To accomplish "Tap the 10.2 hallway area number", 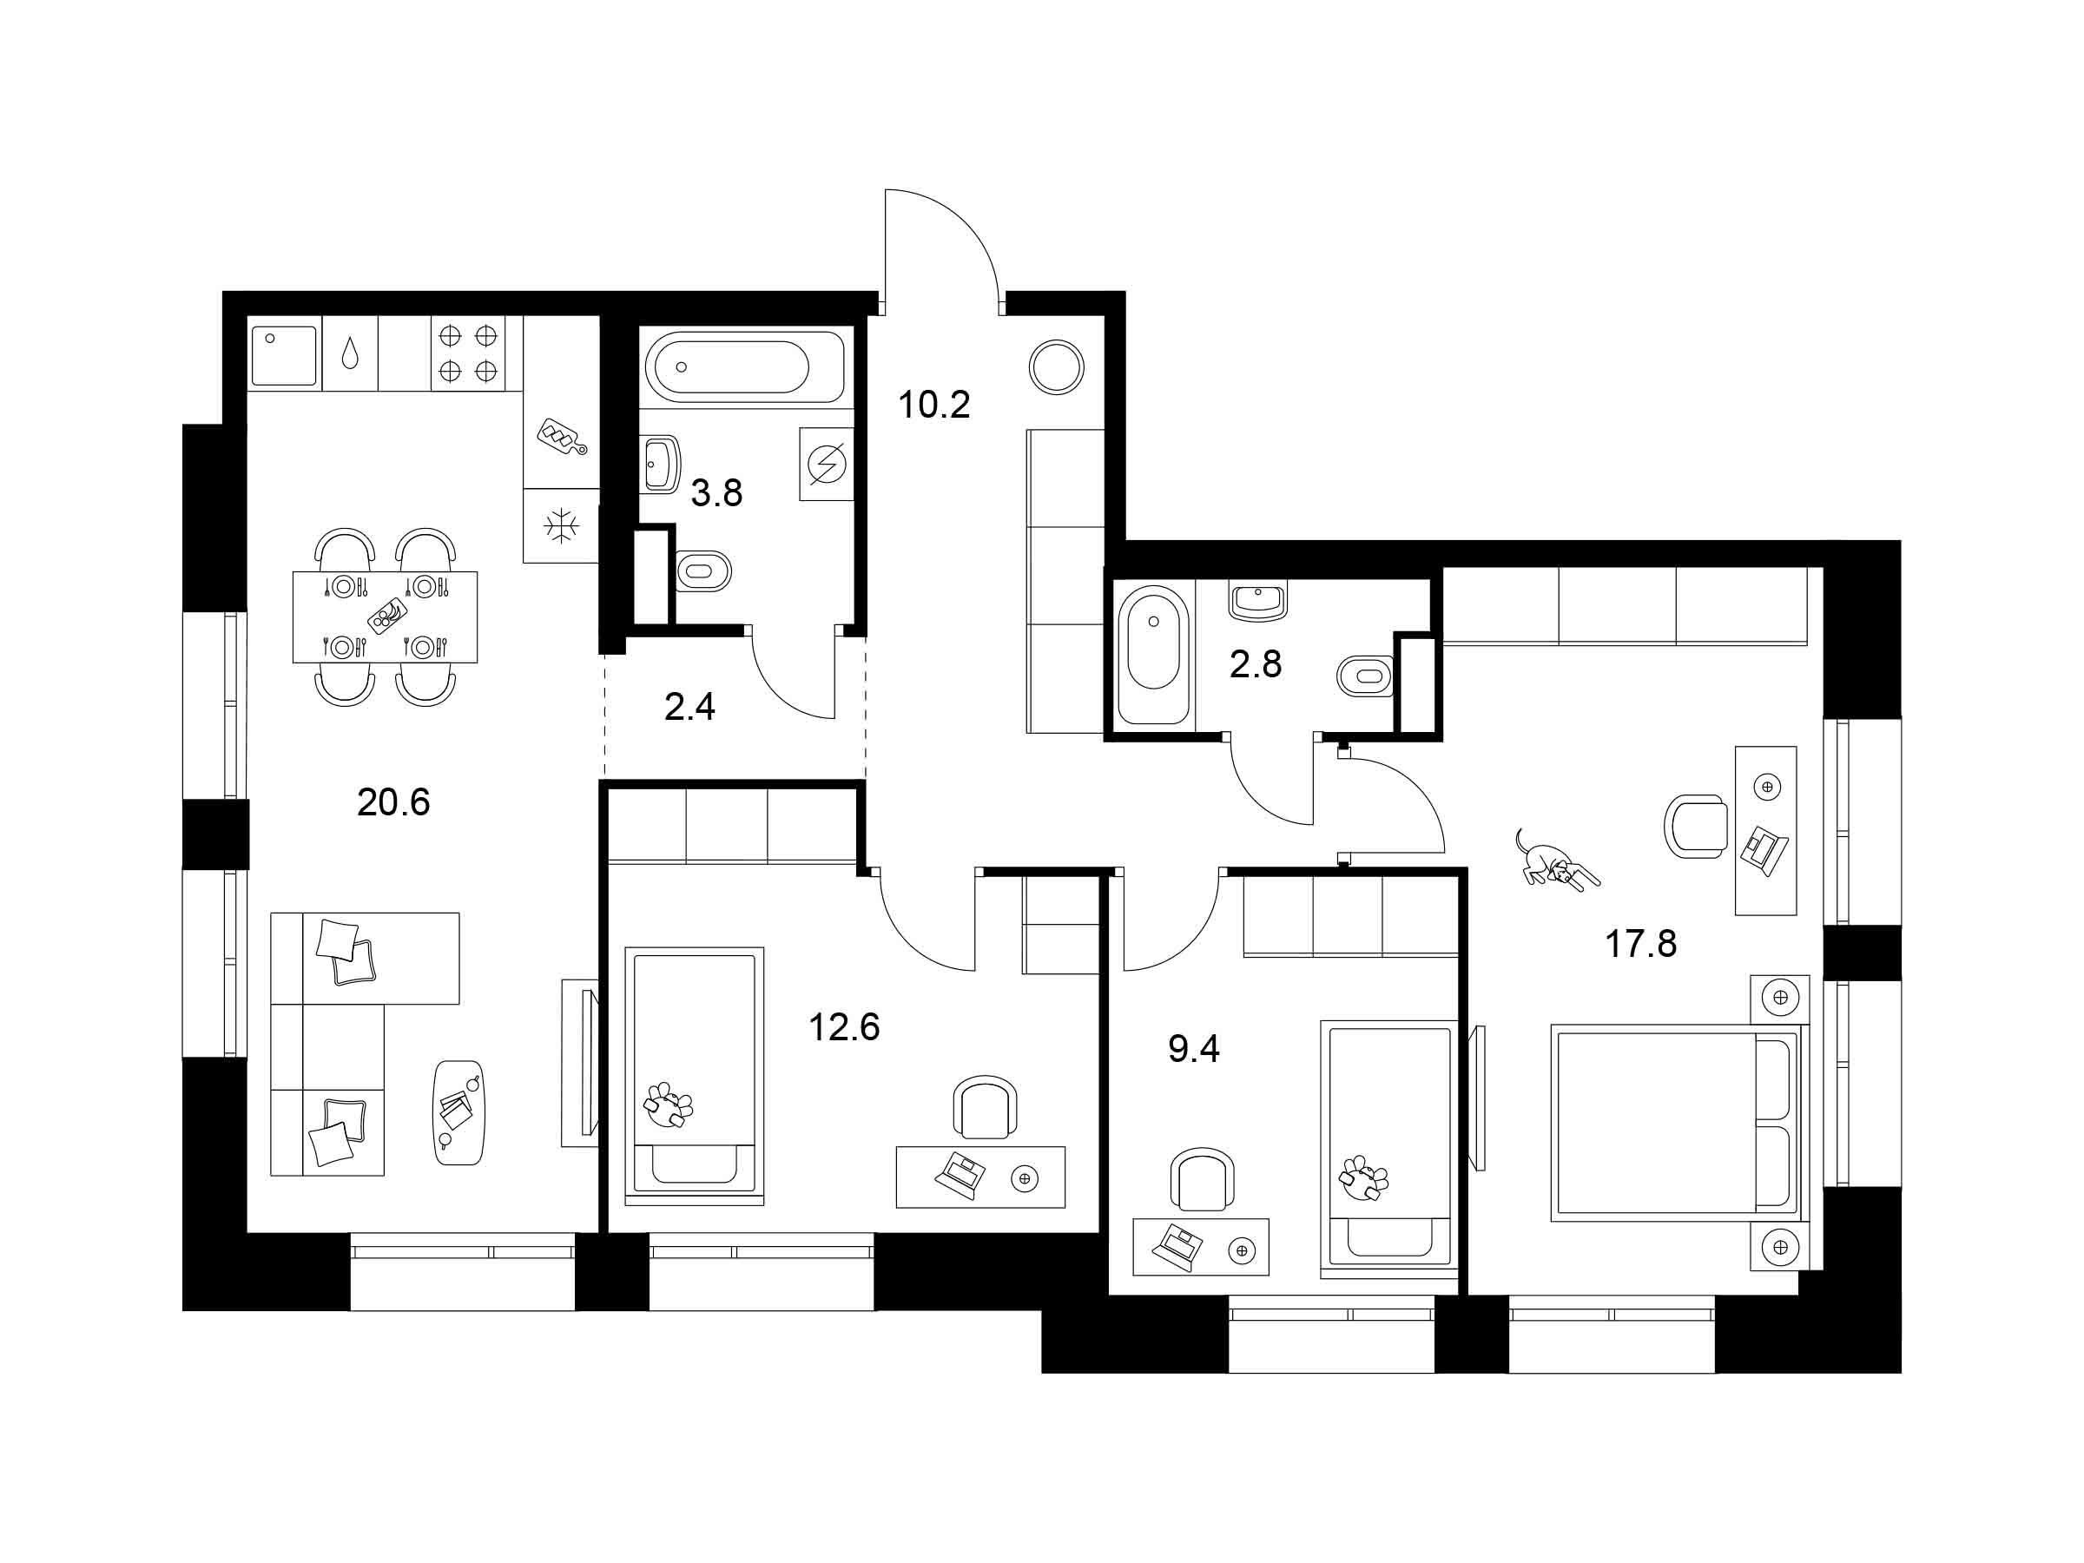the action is pos(933,406).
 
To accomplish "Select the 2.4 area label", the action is pos(689,707).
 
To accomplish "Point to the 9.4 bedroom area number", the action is pos(1194,1049).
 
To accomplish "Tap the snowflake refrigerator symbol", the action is pos(563,524).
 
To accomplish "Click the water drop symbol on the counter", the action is pos(350,353).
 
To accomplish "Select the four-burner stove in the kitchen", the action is pos(467,353).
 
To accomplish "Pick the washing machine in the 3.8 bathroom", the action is pos(827,464).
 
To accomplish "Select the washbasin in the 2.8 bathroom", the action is pos(1259,601).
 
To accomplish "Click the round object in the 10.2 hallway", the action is pos(1056,366).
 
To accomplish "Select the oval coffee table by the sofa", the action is pos(462,1111).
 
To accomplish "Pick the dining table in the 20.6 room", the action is pos(385,617).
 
